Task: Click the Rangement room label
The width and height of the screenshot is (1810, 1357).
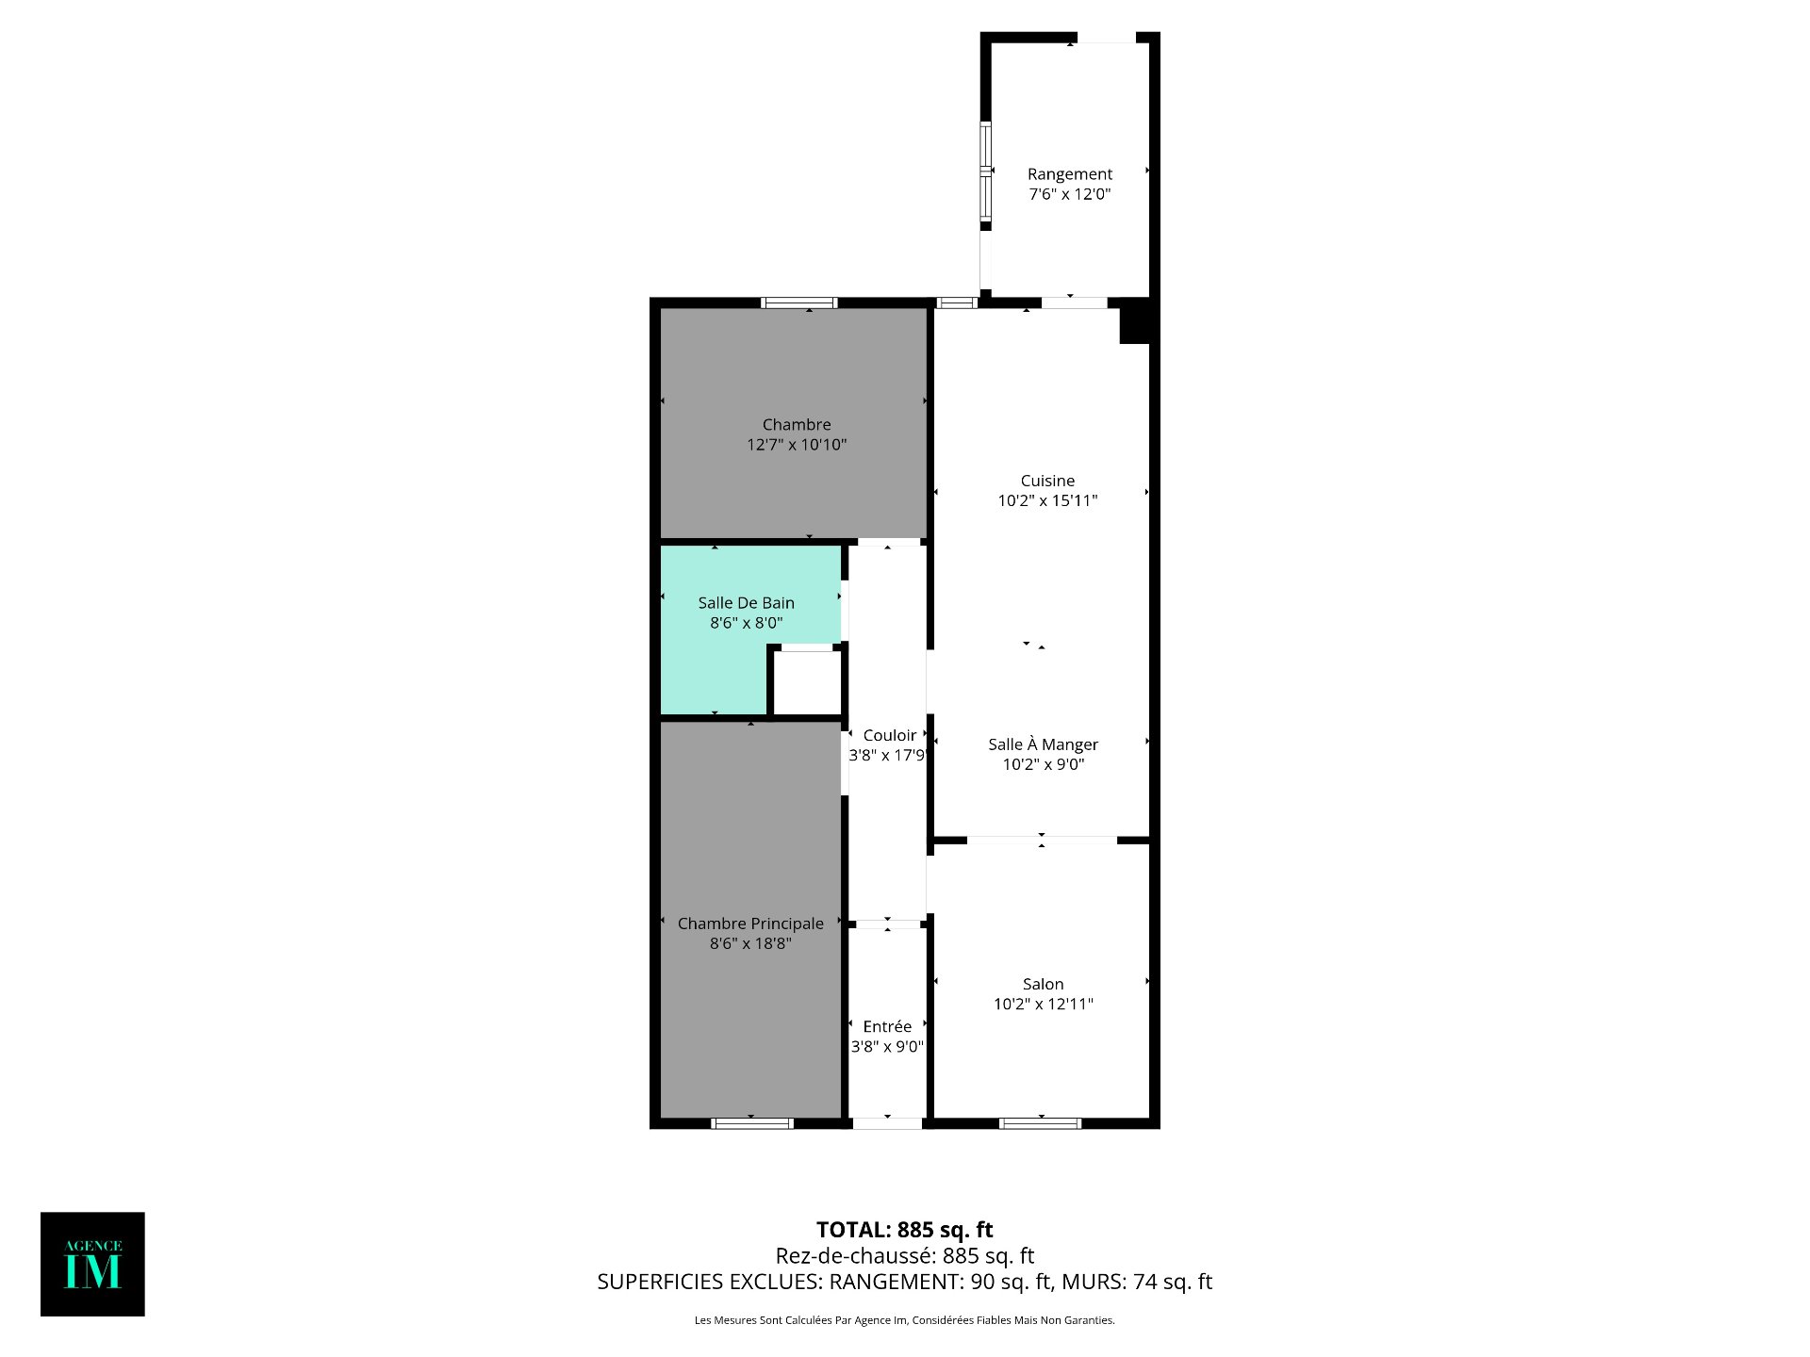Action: coord(1069,174)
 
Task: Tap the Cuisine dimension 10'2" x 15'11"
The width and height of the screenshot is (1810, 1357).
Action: coord(1047,500)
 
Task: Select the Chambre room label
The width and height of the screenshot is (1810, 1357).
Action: coord(797,425)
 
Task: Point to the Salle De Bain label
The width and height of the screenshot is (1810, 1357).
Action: coord(746,603)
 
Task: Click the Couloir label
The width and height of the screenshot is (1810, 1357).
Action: coord(889,736)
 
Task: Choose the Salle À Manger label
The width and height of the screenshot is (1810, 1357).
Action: coord(1043,744)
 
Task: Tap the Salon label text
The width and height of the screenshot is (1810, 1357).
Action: coord(1043,984)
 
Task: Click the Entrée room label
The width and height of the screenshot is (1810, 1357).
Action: coord(887,1026)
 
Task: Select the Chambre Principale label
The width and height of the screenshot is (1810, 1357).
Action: coord(750,924)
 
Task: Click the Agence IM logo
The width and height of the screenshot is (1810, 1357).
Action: coord(92,1264)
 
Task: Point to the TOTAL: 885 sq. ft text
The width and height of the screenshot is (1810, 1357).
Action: coord(905,1230)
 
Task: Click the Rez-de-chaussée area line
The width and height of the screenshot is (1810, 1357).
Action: coord(905,1256)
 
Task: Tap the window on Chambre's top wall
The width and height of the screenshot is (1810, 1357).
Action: coord(798,302)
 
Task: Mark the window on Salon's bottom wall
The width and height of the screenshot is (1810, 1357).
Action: coord(1040,1123)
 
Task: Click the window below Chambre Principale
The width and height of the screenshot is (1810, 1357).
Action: coord(752,1123)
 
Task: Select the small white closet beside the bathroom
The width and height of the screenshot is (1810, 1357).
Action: coord(807,683)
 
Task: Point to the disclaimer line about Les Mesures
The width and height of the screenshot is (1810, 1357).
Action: coord(905,1320)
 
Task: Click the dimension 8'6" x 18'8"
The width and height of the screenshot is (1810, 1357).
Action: coord(750,943)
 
